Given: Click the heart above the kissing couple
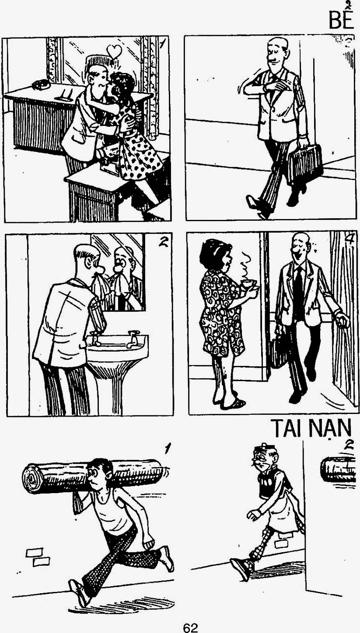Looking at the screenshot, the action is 115,51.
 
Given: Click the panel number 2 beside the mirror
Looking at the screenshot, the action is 163,243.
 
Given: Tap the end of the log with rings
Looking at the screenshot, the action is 32,479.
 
